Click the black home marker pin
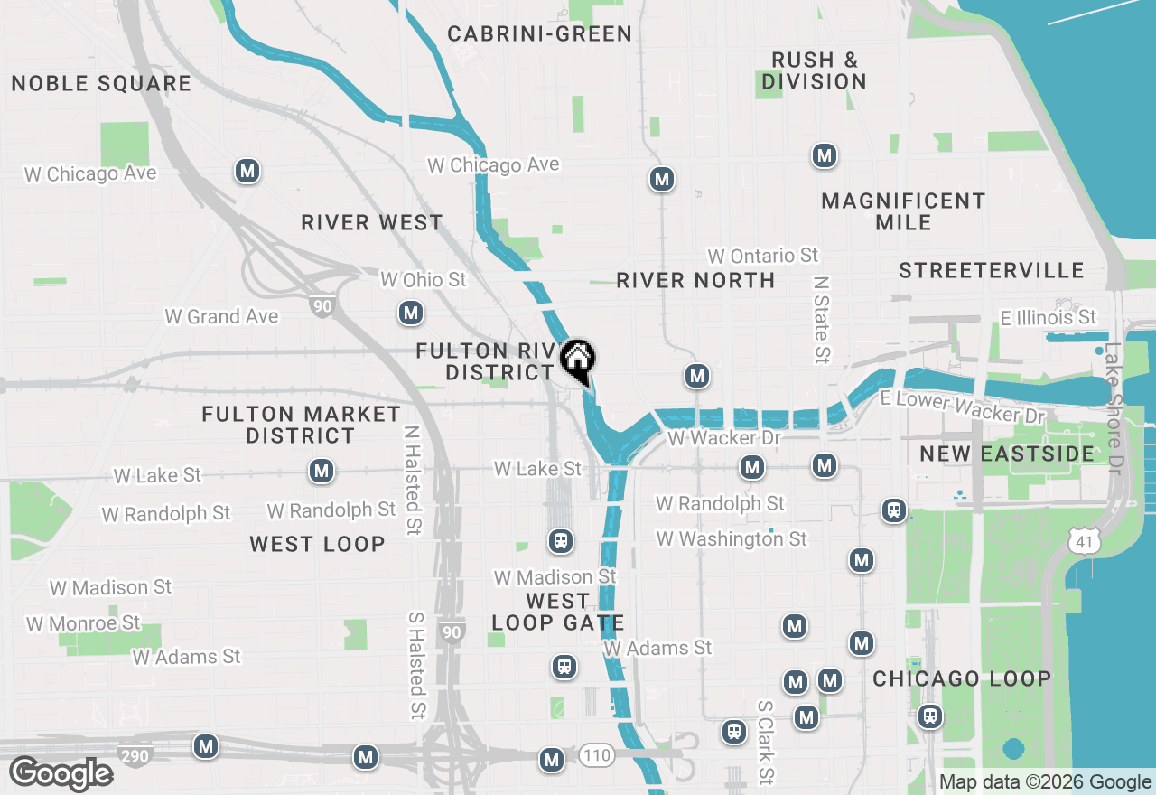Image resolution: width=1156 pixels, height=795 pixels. click(x=577, y=360)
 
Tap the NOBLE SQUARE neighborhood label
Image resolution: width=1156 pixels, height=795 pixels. click(x=101, y=84)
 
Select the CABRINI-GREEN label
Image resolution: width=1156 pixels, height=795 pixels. click(x=540, y=34)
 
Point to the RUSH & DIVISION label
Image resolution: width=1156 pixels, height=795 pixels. click(x=814, y=70)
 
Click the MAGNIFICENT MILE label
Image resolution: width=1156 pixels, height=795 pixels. click(x=903, y=210)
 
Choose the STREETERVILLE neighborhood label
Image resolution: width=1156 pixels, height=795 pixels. click(x=992, y=270)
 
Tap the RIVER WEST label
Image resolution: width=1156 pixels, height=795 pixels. click(x=372, y=222)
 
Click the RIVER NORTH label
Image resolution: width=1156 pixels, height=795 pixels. click(x=695, y=280)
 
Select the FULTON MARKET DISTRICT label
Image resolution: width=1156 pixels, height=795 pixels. click(x=301, y=425)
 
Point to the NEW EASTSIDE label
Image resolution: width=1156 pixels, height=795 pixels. click(x=1007, y=454)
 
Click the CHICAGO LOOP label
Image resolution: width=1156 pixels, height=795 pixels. click(x=962, y=678)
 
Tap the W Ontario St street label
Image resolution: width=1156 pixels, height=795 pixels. click(x=763, y=257)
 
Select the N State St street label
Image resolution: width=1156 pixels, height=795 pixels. click(x=821, y=320)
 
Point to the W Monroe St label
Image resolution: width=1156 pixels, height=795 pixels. click(x=83, y=623)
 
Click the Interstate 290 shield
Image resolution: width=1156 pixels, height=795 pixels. click(x=135, y=755)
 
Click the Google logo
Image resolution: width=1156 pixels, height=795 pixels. click(x=61, y=774)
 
